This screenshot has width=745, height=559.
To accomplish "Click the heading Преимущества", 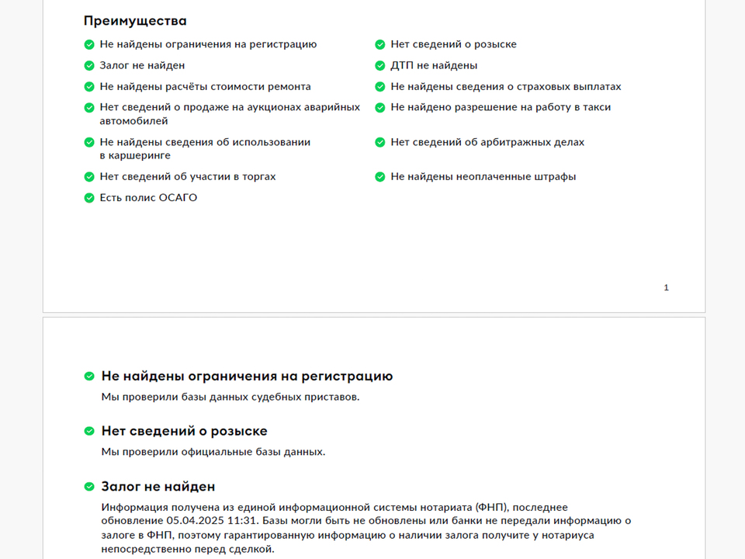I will coord(135,21).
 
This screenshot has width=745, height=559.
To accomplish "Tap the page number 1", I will coord(666,288).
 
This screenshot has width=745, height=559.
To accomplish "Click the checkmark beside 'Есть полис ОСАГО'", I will coord(89,198).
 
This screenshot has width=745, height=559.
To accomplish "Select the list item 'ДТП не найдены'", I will coord(434,66).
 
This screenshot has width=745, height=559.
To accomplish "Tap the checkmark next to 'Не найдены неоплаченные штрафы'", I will coord(380,177).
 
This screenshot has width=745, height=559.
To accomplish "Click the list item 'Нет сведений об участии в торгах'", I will coord(187,177).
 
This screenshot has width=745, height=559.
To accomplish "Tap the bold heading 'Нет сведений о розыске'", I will coord(184,431).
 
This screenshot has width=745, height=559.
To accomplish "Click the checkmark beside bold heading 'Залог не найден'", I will coord(89,487).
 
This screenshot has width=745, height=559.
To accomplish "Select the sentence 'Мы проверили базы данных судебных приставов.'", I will coord(230,397).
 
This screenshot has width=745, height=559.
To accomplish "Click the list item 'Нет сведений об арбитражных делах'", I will coord(487,142).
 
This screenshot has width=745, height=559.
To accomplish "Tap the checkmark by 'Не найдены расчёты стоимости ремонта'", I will coord(89,87).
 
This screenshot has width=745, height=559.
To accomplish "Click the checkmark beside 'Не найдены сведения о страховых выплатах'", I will coord(380,87).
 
